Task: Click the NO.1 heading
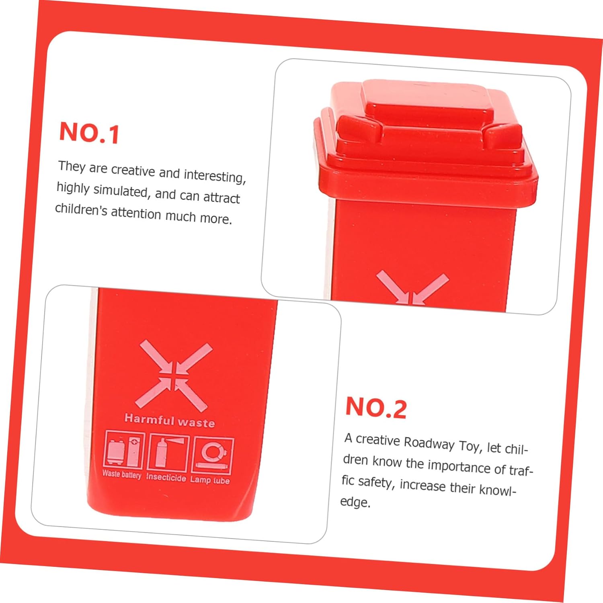pyautogui.click(x=89, y=133)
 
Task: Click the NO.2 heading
pyautogui.click(x=376, y=408)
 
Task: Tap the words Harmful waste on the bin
pyautogui.click(x=170, y=420)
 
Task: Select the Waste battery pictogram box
pyautogui.click(x=124, y=449)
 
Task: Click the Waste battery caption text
pyautogui.click(x=122, y=474)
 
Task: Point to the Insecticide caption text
pyautogui.click(x=166, y=477)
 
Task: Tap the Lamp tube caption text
pyautogui.click(x=210, y=480)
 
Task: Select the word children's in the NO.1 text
pyautogui.click(x=81, y=210)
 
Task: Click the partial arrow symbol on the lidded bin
pyautogui.click(x=412, y=288)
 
